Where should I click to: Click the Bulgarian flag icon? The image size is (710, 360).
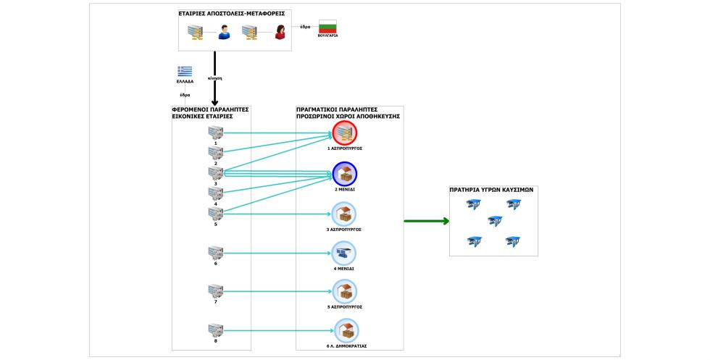tap(327, 26)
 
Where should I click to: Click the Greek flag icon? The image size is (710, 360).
tap(184, 72)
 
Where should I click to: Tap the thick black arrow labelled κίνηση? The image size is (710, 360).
tap(214, 78)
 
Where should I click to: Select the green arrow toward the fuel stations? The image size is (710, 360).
tap(427, 221)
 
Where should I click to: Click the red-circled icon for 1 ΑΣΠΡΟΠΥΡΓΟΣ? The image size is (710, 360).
tap(345, 133)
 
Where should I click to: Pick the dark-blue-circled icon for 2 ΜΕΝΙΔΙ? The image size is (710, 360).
tap(345, 174)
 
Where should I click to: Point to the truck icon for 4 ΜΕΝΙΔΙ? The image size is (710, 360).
tap(343, 253)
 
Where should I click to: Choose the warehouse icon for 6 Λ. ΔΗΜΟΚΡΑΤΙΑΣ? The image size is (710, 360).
tap(346, 330)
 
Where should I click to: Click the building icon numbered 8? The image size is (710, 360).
tap(216, 330)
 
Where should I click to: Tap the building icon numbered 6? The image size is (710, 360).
tap(216, 253)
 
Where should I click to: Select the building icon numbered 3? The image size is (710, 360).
tap(216, 173)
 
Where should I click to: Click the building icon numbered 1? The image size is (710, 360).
tap(216, 133)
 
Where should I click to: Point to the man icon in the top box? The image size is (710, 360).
tap(224, 32)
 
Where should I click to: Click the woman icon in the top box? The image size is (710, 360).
tap(280, 32)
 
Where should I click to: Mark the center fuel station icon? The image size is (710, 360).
tap(495, 221)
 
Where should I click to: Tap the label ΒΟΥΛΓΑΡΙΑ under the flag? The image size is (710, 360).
tap(327, 35)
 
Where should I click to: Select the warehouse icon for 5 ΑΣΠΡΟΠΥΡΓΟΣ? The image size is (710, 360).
tap(345, 292)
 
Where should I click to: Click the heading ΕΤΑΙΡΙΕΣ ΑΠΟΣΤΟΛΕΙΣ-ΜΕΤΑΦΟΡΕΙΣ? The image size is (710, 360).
tap(232, 14)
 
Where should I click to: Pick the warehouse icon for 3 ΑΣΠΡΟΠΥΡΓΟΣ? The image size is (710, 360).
tap(343, 214)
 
